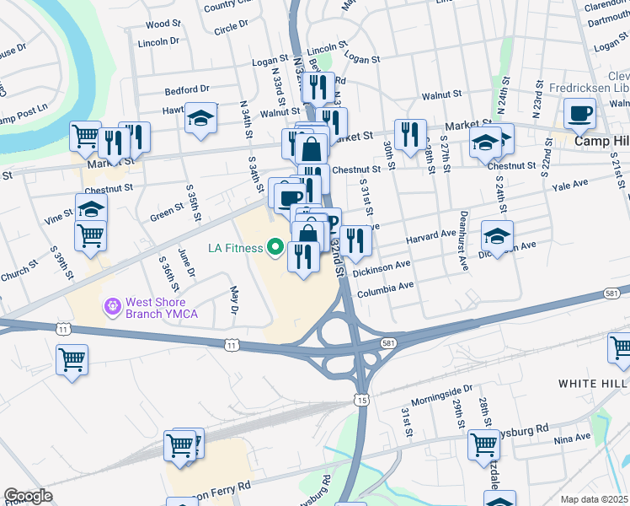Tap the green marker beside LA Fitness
(274, 248)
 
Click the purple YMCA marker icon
(110, 306)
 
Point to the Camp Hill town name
(602, 141)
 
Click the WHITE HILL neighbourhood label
(593, 383)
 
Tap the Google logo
(28, 496)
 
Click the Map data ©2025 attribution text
(595, 499)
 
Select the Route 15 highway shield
(360, 399)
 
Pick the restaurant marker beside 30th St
(410, 133)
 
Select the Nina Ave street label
(572, 438)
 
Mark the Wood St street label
(162, 24)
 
